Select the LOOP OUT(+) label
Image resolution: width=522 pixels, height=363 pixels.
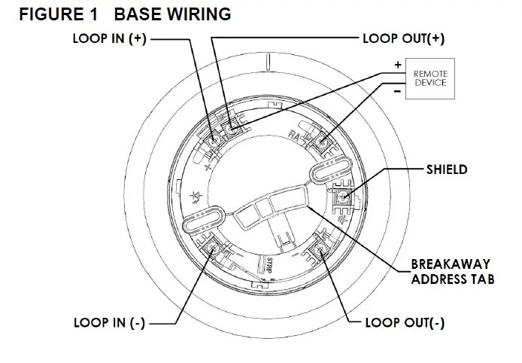398,39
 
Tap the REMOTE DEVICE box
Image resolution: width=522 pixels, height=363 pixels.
429,78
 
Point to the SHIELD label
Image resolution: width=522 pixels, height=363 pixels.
445,169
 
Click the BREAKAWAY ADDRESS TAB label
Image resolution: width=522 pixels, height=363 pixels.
451,272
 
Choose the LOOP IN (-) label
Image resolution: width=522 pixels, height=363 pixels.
109,323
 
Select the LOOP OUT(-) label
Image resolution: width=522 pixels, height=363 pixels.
404,323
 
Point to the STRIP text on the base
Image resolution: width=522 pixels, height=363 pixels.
270,264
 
